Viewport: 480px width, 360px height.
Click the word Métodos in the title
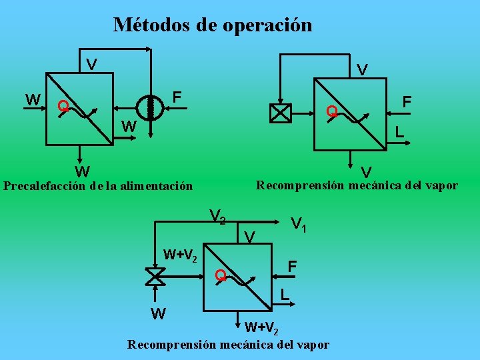point(152,25)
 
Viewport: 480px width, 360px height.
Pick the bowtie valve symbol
point(155,275)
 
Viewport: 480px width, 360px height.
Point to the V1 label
point(299,225)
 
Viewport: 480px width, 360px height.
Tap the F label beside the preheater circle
point(177,97)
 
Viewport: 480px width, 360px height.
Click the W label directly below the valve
point(158,313)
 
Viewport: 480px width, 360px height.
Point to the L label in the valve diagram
point(284,293)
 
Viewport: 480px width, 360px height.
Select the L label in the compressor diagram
point(399,132)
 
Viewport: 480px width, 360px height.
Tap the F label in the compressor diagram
point(407,101)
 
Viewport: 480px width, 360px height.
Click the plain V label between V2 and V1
point(250,236)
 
